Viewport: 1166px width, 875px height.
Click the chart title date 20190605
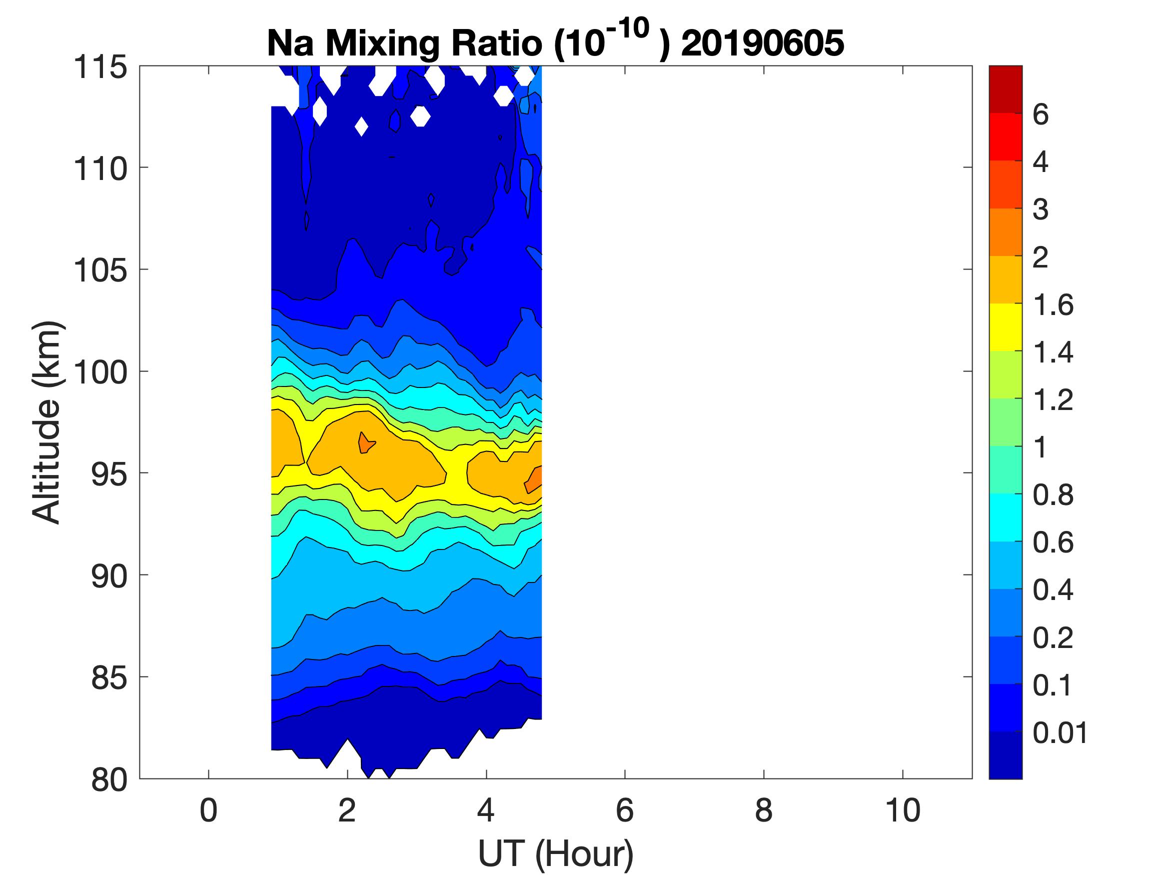coord(762,43)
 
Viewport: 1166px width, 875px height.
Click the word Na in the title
coord(290,43)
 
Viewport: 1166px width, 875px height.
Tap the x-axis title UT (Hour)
coord(555,853)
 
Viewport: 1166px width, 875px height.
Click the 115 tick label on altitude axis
coord(100,67)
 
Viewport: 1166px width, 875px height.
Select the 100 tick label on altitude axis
coord(100,372)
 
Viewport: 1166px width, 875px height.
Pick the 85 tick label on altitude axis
coord(109,677)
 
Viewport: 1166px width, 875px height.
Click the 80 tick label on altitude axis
coord(109,779)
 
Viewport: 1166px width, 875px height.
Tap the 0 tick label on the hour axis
coord(208,810)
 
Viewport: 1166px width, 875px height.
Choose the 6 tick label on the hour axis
coord(625,810)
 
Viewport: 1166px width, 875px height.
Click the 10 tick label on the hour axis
coord(903,810)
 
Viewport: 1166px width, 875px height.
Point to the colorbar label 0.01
coord(1060,732)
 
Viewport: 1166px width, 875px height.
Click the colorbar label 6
coord(1041,114)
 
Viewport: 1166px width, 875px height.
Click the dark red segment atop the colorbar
coord(1005,88)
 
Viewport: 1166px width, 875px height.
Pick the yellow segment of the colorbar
coord(1005,327)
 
